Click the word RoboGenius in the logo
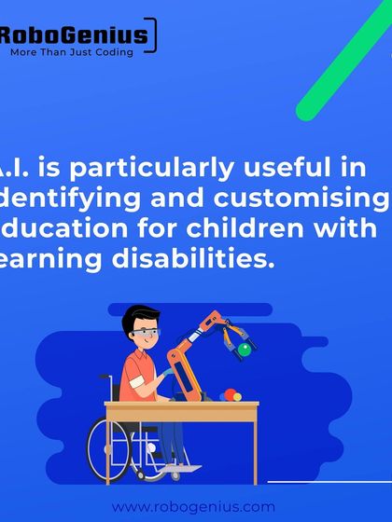[x=73, y=36]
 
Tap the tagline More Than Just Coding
[x=72, y=53]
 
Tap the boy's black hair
[x=136, y=315]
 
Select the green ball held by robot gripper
[x=245, y=350]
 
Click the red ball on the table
[x=225, y=395]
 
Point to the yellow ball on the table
[x=237, y=396]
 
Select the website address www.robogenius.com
[x=193, y=507]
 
